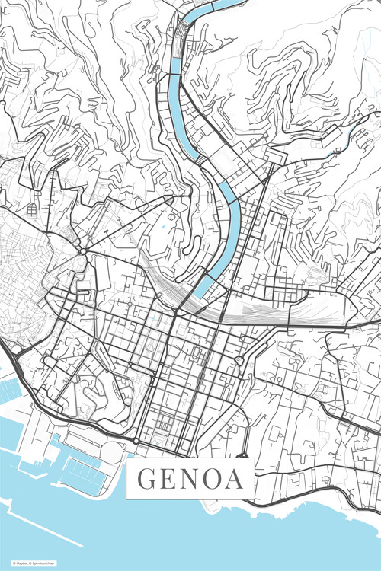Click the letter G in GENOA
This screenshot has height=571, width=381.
point(147,480)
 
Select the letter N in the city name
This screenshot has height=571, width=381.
point(192,480)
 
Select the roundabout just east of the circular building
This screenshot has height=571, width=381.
point(136,441)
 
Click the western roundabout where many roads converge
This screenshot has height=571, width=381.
point(82,250)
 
